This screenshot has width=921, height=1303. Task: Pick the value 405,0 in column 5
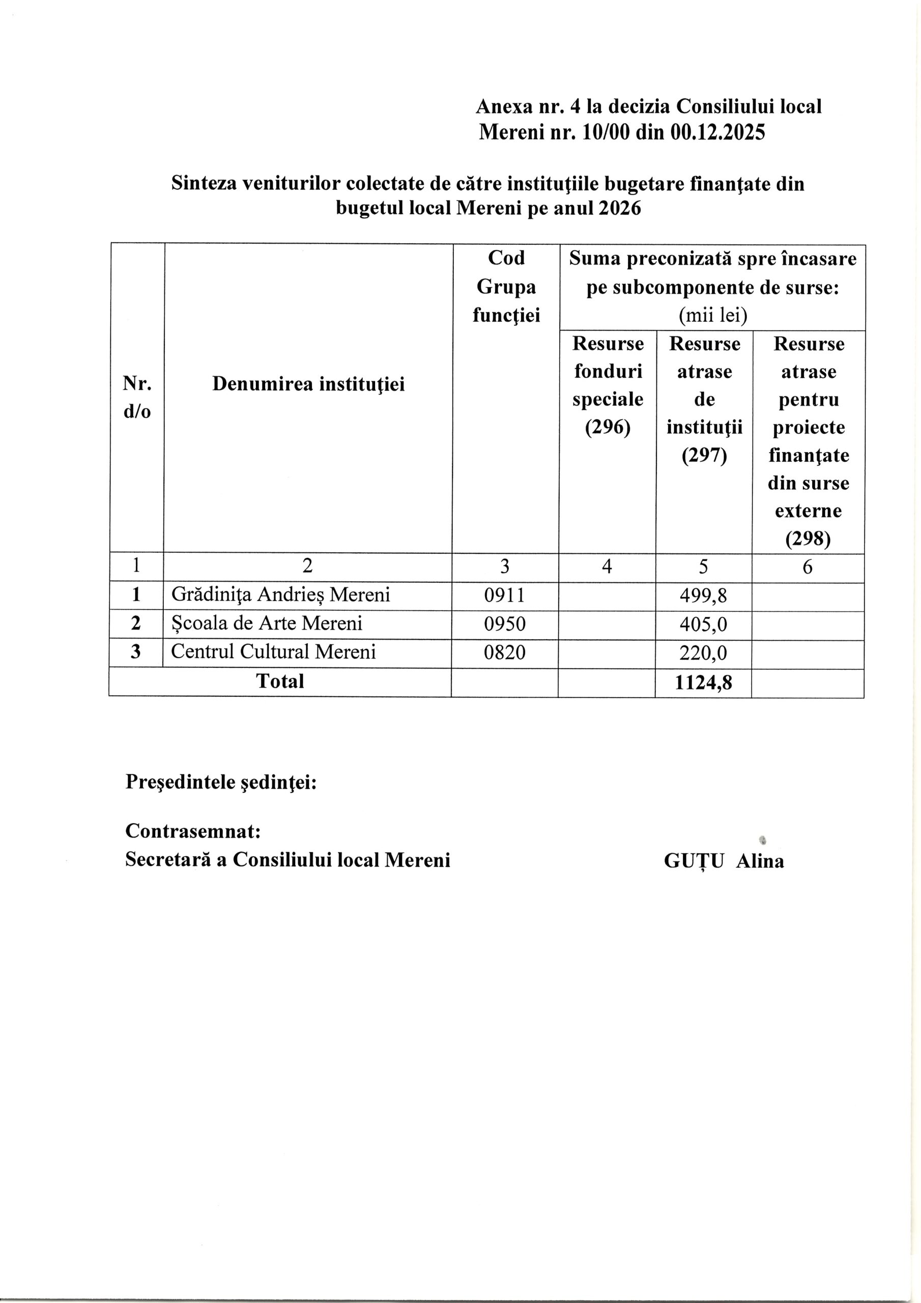[704, 624]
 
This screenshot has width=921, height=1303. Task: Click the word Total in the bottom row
[280, 681]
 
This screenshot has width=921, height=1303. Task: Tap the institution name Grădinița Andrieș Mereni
[280, 595]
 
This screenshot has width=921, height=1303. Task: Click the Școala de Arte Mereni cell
[266, 623]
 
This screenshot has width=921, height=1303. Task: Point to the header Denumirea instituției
[308, 384]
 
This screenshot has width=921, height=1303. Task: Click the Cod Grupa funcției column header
[506, 287]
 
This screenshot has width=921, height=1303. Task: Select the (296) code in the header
[607, 428]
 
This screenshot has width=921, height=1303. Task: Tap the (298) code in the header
[808, 539]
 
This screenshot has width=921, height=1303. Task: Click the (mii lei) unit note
[713, 316]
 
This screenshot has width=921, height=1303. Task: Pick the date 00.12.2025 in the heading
[717, 132]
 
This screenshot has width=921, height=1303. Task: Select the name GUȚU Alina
[724, 861]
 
